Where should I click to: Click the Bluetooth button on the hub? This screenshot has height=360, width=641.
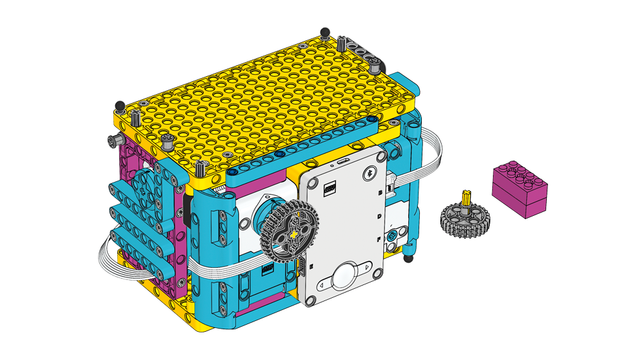[x=369, y=172]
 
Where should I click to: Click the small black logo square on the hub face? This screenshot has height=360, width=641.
[x=330, y=190]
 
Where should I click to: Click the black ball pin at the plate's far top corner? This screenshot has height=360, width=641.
[x=325, y=31]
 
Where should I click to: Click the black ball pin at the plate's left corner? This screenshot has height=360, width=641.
[x=118, y=105]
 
